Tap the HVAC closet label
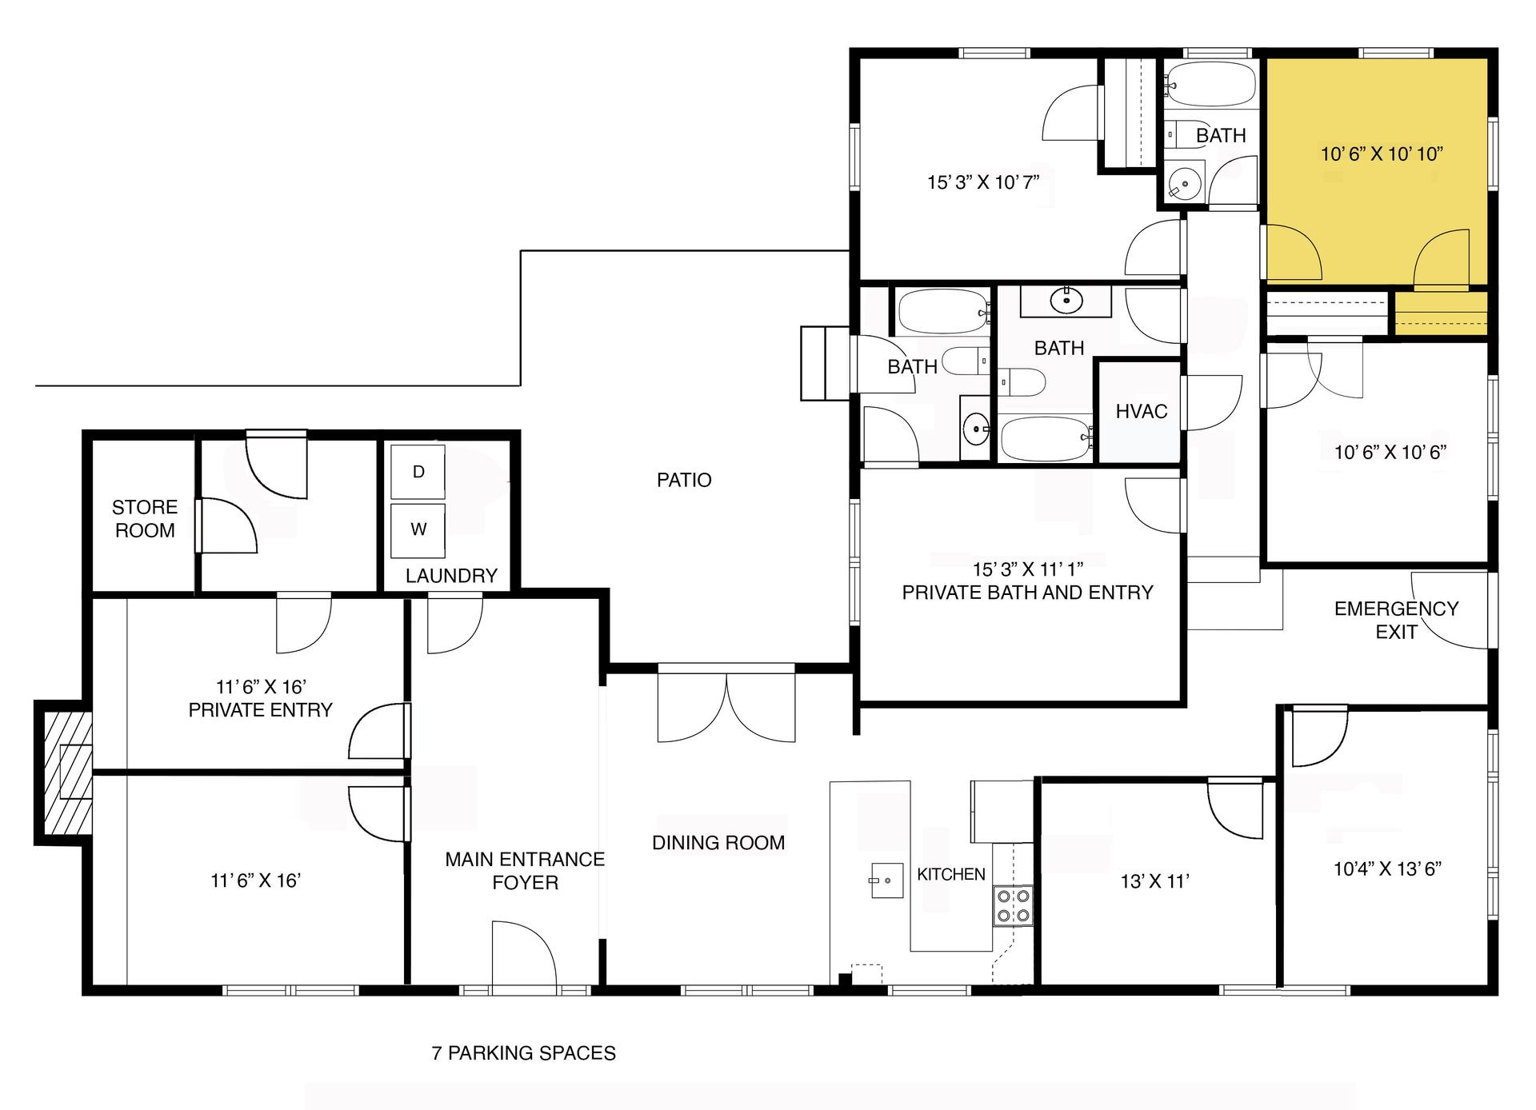pyautogui.click(x=1141, y=412)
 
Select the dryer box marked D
pyautogui.click(x=418, y=472)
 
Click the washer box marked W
pyautogui.click(x=418, y=529)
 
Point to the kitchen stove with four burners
pyautogui.click(x=1013, y=906)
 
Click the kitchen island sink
pyautogui.click(x=886, y=880)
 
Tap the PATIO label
pyautogui.click(x=683, y=480)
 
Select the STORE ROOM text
pyautogui.click(x=145, y=519)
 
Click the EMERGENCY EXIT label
pyautogui.click(x=1395, y=620)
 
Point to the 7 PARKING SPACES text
pyautogui.click(x=523, y=1053)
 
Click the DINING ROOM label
pyautogui.click(x=718, y=843)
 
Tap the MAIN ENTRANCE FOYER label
pyautogui.click(x=524, y=871)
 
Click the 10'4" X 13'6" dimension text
pyautogui.click(x=1387, y=869)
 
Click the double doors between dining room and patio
pyautogui.click(x=726, y=707)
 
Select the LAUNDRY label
pyautogui.click(x=450, y=576)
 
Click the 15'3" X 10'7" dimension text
pyautogui.click(x=982, y=182)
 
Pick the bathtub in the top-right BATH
pyautogui.click(x=1210, y=83)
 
